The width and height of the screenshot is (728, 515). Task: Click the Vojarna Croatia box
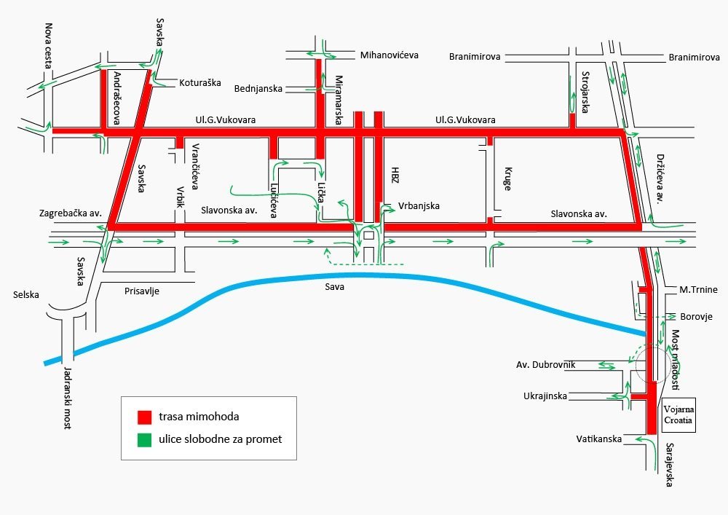678,415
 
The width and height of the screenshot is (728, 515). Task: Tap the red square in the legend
144,417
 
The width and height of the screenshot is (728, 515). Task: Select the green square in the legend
144,440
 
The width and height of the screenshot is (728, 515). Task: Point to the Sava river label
334,286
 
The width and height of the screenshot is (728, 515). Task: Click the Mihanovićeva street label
389,55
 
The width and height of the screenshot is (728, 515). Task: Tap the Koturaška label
200,83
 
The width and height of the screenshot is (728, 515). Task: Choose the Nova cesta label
48,46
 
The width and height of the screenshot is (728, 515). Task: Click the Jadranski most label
67,398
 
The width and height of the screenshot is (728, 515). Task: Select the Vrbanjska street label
419,205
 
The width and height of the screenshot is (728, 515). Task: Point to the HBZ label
395,175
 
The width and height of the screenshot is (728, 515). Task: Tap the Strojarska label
585,92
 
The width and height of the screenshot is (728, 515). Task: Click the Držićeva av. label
660,178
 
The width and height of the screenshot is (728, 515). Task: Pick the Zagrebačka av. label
70,213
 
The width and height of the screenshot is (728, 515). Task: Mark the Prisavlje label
142,291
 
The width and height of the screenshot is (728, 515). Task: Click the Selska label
26,295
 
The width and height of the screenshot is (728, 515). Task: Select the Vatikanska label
599,439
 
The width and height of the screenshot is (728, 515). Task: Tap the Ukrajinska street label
545,396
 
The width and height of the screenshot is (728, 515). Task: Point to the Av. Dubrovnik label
545,365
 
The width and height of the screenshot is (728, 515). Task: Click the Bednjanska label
258,89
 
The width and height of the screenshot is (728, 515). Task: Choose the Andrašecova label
117,98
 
